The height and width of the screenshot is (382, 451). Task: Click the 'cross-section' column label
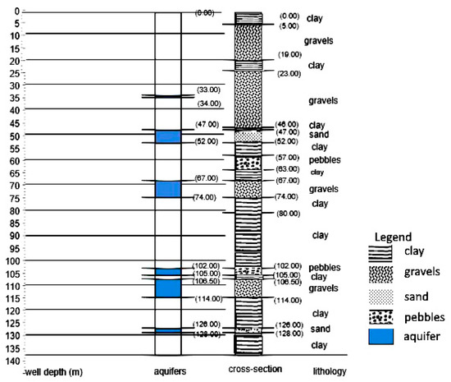254,370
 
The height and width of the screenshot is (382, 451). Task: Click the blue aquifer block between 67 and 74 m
167,189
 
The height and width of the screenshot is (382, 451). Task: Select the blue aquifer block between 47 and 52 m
167,136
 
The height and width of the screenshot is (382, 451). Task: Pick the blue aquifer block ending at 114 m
167,288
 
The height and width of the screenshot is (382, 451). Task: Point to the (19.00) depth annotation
289,54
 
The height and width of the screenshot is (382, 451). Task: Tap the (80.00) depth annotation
289,214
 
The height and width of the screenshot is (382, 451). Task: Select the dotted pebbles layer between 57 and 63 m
248,163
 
